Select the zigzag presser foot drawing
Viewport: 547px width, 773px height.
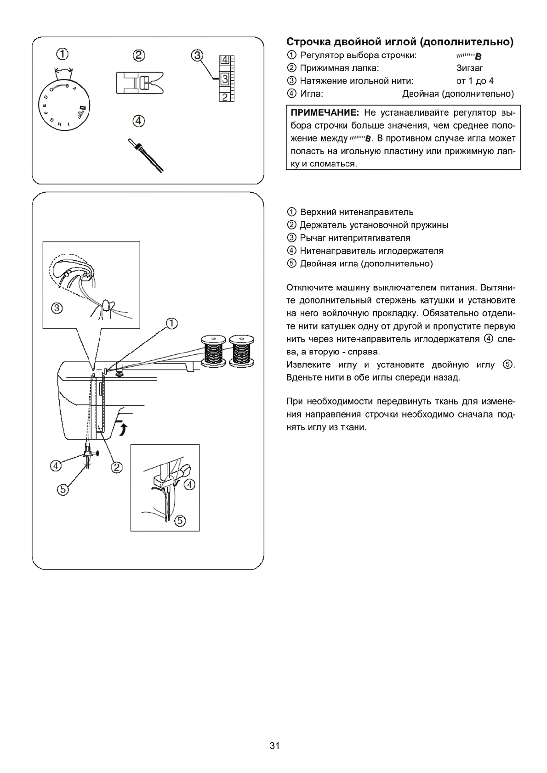139,83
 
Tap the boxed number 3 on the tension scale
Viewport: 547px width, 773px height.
224,79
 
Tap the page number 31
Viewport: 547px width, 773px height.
274,745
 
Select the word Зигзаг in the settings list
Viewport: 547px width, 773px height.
470,68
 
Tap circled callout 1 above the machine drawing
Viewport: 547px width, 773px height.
171,324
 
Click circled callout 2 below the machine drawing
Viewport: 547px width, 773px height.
117,467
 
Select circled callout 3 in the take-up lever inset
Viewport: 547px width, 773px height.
57,308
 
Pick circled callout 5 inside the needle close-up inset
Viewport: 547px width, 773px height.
180,521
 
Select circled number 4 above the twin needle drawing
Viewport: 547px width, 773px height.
138,121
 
